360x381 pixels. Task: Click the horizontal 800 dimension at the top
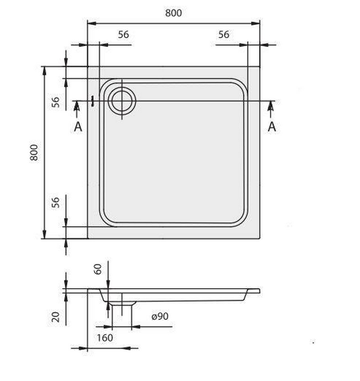point(174,13)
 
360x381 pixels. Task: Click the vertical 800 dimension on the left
point(34,152)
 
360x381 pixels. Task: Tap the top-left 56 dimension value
point(123,34)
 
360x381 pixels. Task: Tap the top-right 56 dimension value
point(224,34)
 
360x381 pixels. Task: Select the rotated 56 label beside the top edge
point(56,102)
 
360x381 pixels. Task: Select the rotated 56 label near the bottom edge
point(56,202)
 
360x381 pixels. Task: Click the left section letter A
point(78,127)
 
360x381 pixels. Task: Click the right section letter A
point(272,127)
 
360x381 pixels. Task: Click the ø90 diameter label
point(160,316)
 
